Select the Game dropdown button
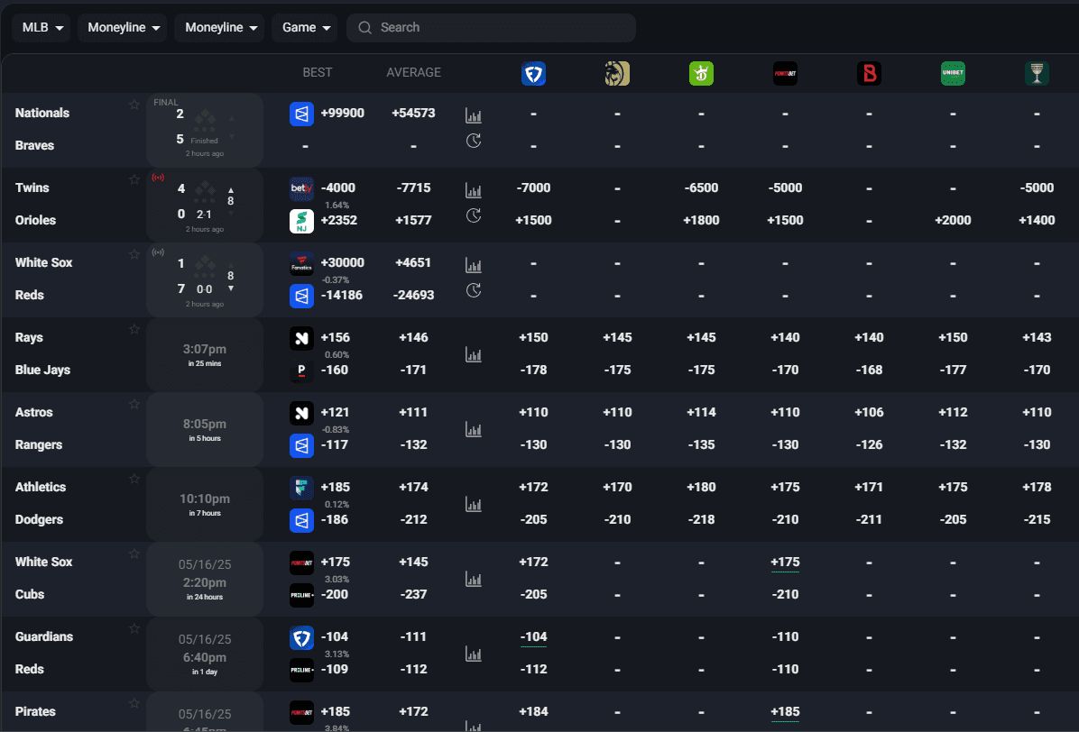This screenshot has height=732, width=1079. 304,28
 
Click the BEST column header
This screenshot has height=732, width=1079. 318,73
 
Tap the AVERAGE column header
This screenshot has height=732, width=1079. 413,73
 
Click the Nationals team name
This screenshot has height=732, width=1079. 42,114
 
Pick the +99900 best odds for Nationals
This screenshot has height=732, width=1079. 342,114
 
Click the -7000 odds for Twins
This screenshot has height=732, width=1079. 533,188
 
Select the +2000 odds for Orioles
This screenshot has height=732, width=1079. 953,221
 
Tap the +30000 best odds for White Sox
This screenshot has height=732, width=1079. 342,263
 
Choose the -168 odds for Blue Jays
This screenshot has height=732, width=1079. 869,371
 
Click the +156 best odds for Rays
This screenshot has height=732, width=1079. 335,338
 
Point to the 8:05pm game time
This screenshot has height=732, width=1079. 205,424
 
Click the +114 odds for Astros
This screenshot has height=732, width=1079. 701,413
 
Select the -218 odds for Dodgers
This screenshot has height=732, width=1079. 701,520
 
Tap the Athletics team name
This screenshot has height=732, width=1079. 41,488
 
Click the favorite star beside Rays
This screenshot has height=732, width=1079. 134,330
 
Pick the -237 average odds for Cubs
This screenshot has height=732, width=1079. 413,595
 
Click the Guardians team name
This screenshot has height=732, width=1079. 44,637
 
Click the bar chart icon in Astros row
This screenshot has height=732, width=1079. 474,430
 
